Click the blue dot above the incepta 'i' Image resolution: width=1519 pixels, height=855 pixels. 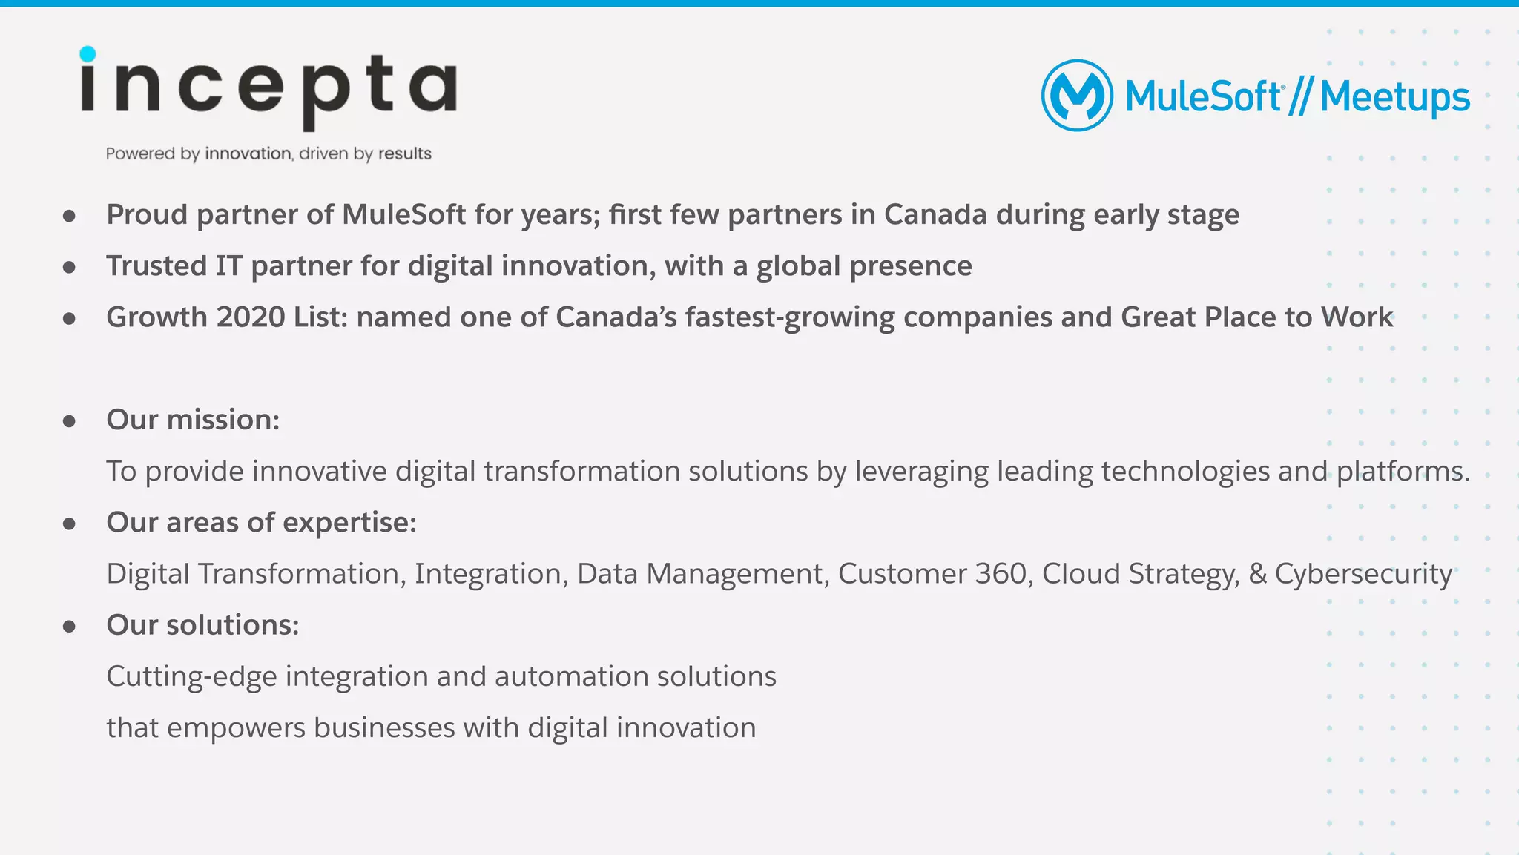(88, 54)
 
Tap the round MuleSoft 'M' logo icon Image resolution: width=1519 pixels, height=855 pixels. (1077, 96)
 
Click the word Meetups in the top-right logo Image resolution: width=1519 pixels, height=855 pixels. (1394, 97)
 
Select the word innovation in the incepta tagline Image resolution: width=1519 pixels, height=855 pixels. (248, 153)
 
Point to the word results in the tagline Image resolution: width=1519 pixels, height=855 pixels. (404, 153)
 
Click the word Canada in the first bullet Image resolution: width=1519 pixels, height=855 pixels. (935, 214)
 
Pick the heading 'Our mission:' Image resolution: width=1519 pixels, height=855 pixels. (193, 420)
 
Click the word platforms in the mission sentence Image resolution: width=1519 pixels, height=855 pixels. (1401, 472)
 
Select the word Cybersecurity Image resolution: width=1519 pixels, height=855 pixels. (1363, 574)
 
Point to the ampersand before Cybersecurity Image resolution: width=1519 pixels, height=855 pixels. (1257, 573)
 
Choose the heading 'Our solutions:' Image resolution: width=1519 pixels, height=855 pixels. (202, 625)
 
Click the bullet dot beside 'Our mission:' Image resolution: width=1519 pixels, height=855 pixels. (70, 421)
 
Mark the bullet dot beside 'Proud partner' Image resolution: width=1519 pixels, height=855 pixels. (70, 216)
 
